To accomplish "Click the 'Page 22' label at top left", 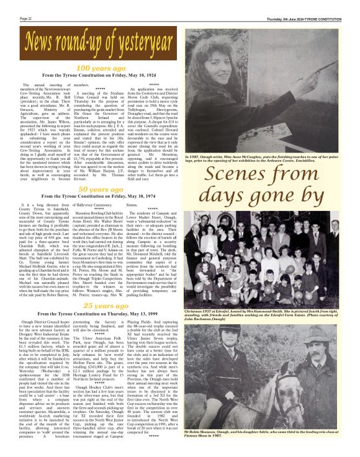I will [26, 19].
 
